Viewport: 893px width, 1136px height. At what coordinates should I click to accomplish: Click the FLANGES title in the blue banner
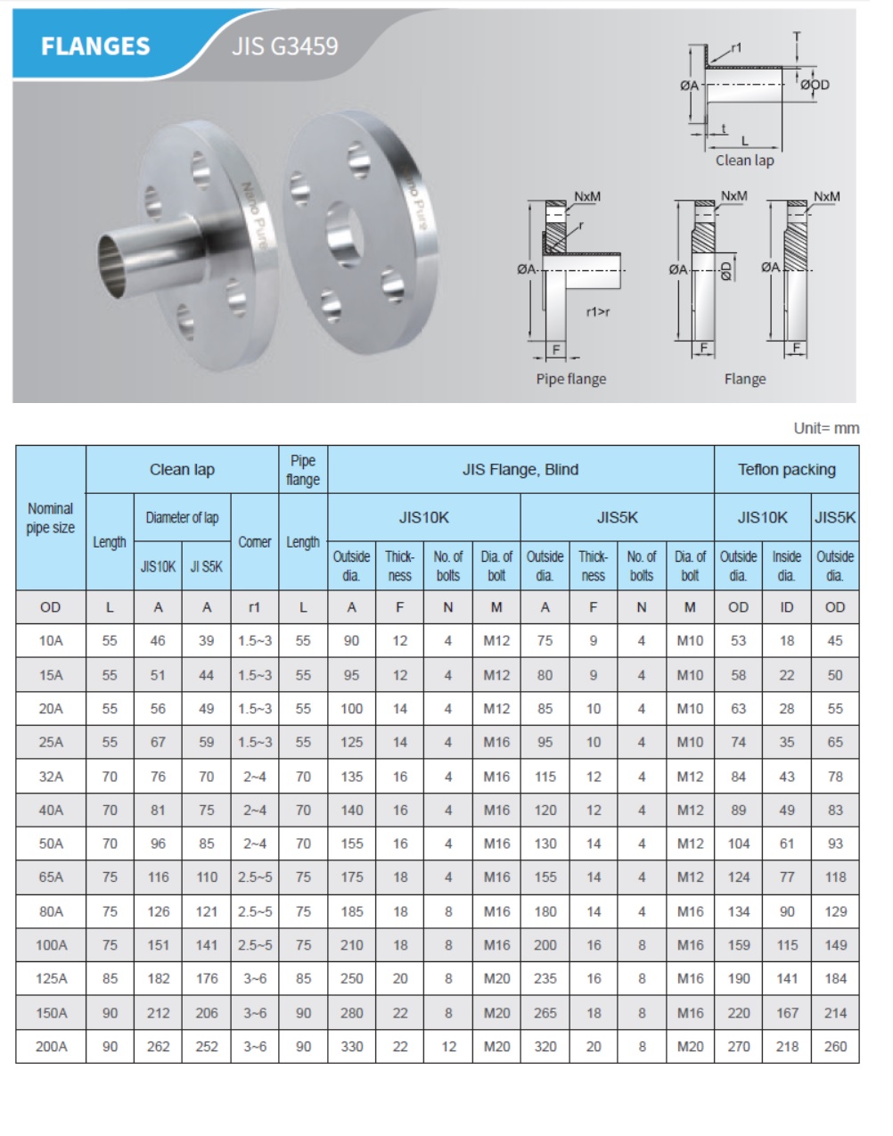click(x=95, y=46)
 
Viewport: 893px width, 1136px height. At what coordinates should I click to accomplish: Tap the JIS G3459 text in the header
click(x=284, y=46)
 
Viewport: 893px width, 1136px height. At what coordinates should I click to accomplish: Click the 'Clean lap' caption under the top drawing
click(x=744, y=161)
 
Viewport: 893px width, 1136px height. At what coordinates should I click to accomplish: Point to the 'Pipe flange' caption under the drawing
click(x=570, y=379)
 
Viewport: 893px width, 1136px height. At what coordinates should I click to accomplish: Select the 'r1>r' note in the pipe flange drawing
click(x=598, y=312)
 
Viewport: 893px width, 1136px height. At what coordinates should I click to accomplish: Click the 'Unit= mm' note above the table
click(x=826, y=428)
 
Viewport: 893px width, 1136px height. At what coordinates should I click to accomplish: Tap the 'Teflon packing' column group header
click(x=786, y=470)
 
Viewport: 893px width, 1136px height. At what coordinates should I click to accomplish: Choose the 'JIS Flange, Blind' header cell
click(x=520, y=470)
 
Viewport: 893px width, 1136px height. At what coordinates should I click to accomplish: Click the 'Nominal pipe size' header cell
click(x=51, y=518)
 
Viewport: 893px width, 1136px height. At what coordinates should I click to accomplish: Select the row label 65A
click(x=51, y=877)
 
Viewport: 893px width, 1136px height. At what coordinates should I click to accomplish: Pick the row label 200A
click(x=51, y=1047)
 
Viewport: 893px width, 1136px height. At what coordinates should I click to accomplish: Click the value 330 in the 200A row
click(x=352, y=1047)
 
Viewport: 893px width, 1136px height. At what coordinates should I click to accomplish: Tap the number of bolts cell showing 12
click(x=448, y=1047)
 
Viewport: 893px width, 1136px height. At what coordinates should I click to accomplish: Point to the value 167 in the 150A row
click(x=787, y=1013)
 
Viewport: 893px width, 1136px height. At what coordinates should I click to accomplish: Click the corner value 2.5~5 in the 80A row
click(x=255, y=911)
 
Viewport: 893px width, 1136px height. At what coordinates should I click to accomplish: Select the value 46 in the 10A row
click(x=158, y=641)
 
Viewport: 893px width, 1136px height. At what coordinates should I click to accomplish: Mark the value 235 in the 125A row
click(x=545, y=979)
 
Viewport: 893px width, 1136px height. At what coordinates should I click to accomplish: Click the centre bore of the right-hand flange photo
click(x=343, y=234)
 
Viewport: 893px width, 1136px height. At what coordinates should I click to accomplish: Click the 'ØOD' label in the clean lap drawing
click(x=815, y=85)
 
